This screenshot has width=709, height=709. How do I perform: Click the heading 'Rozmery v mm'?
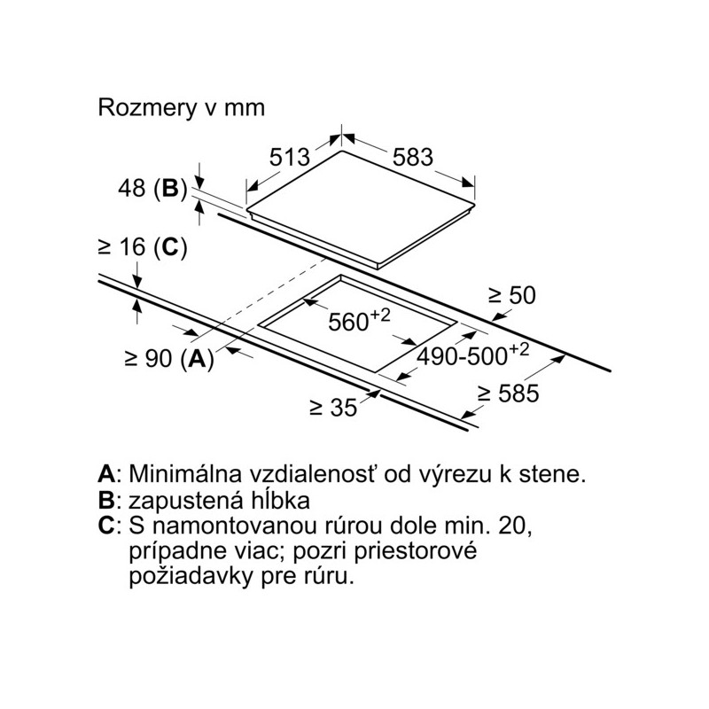coord(181,108)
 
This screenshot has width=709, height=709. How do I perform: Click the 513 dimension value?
coord(290,158)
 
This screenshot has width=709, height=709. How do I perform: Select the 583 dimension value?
coord(413,158)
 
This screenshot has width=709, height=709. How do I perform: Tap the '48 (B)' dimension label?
coord(152,188)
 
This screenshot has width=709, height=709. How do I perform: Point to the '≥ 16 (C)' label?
coord(143,247)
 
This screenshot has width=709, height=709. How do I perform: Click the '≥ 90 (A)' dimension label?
coord(169,359)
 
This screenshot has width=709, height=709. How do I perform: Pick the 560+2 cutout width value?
coord(359,320)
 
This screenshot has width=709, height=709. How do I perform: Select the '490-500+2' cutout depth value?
coord(472,354)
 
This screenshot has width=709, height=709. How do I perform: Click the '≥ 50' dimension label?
coord(512,295)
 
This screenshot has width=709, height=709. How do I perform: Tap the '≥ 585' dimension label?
coord(509,393)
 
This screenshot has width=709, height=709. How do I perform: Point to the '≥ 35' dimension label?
coord(333,408)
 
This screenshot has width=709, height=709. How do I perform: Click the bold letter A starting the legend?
coord(106,474)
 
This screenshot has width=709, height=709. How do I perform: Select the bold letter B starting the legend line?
coord(105,501)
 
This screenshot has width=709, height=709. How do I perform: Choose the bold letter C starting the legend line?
coord(106,526)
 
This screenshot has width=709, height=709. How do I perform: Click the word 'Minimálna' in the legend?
coord(185,474)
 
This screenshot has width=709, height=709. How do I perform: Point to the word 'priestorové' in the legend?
coord(416,552)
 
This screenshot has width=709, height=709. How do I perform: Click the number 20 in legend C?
coord(514,526)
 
